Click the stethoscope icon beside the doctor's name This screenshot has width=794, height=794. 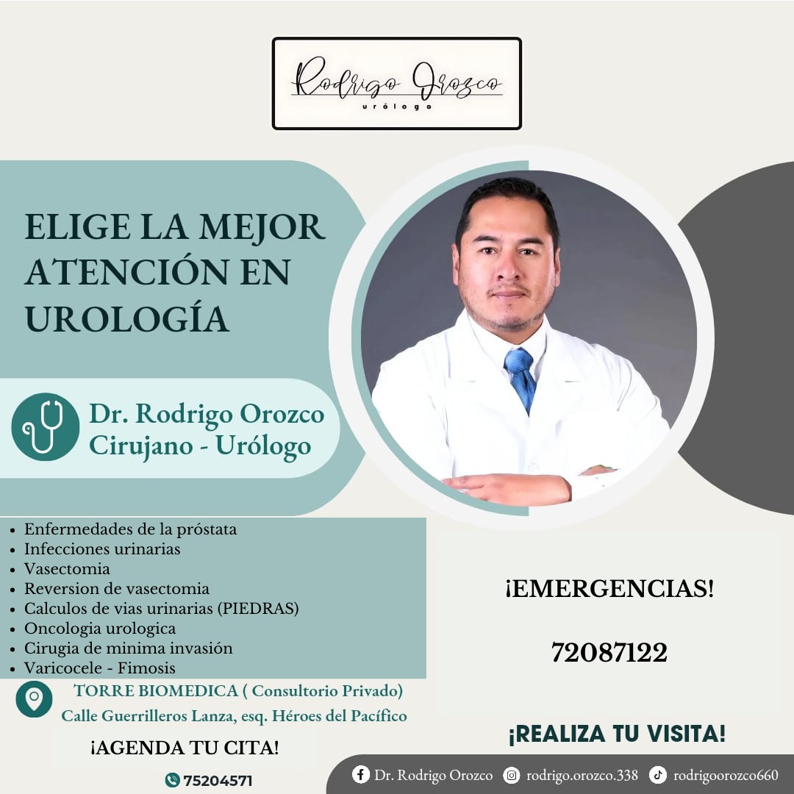45,427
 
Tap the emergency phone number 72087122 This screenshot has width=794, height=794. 609,652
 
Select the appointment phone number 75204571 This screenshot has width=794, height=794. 217,780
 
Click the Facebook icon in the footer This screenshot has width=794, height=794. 360,774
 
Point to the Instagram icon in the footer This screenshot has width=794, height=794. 512,775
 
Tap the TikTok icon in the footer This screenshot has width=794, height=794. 658,774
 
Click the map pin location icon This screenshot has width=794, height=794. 34,699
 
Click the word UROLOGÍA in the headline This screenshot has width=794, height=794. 126,319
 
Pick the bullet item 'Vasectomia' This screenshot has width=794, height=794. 67,568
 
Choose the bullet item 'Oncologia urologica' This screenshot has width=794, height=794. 100,629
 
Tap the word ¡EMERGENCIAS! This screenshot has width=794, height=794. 609,588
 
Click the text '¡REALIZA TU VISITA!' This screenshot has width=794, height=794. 617,734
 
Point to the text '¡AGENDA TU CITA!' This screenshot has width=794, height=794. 185,748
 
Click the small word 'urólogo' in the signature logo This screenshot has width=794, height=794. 397,107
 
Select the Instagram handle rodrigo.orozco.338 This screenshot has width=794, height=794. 582,776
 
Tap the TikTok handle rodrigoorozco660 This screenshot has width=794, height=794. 726,776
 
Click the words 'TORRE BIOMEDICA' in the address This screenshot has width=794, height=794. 156,690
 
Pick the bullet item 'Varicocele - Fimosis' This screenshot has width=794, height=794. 100,668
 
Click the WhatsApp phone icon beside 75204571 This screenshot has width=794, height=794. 173,780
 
